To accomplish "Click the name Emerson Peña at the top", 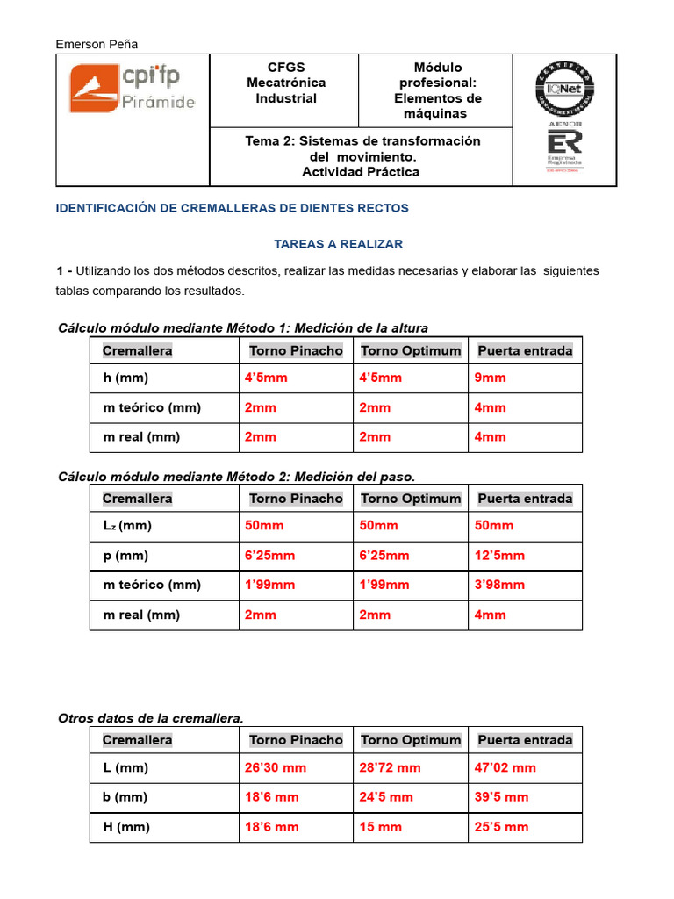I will coord(97,44).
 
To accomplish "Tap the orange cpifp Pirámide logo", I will coord(133,90).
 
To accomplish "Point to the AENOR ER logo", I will coord(564,148).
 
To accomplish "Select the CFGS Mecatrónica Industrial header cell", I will coord(285,83).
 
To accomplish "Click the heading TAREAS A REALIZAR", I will coord(338,243).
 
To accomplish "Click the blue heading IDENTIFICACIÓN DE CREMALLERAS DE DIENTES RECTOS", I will coord(233,208).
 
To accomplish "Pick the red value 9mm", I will coord(490,378).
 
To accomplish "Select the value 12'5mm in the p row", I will coord(499,555).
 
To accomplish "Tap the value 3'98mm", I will coord(499,585).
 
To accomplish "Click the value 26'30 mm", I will coord(276,767).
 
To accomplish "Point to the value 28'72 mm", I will coord(390,767).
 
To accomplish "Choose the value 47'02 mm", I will coord(505,767).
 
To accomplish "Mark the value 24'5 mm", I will coord(386,797).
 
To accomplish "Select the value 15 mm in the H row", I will coord(380,827).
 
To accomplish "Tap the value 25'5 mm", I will coord(501,827).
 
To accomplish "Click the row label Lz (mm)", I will coord(127,526).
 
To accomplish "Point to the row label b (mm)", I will coord(125,797).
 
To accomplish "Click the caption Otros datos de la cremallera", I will coord(150,718).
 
